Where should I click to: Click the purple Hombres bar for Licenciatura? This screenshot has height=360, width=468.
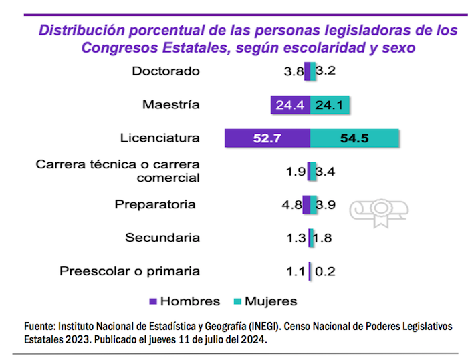tap(267, 138)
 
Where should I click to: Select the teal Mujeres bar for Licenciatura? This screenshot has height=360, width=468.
tap(355, 138)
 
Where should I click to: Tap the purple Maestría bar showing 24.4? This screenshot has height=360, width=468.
tap(291, 105)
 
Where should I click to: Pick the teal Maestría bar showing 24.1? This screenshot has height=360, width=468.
tap(331, 105)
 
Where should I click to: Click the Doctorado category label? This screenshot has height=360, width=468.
tap(166, 71)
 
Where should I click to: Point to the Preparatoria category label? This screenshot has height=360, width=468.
tap(155, 204)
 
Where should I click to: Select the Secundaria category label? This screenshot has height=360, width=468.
tap(162, 237)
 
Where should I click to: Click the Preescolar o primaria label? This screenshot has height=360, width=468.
tap(130, 271)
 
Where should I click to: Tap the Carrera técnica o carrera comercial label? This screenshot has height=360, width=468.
tap(118, 171)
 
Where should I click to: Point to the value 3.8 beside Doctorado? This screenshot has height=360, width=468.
tap(294, 71)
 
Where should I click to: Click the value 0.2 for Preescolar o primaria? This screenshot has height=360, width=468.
tap(325, 271)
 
